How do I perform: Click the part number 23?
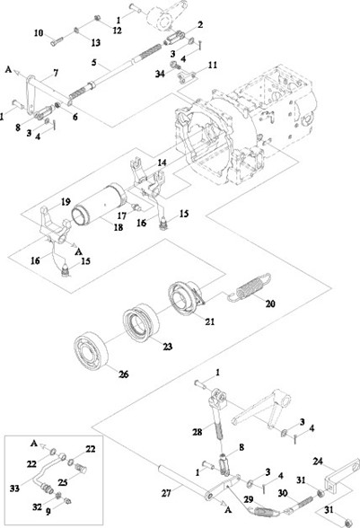point(167,347)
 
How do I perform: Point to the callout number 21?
point(210,321)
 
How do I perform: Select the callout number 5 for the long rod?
point(94,62)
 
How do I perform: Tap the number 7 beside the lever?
point(56,73)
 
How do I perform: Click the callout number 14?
point(162,163)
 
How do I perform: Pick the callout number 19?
point(66,202)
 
